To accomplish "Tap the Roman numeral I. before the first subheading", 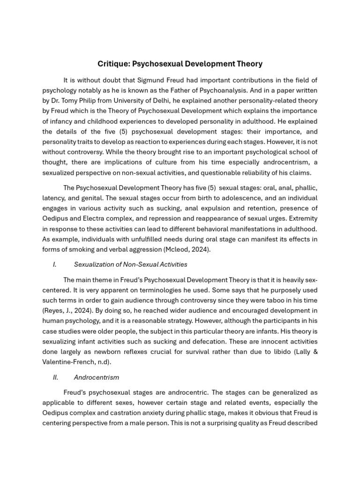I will [55, 265].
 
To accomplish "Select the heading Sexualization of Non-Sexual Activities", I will [131, 265].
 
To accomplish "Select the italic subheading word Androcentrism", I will [97, 377].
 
